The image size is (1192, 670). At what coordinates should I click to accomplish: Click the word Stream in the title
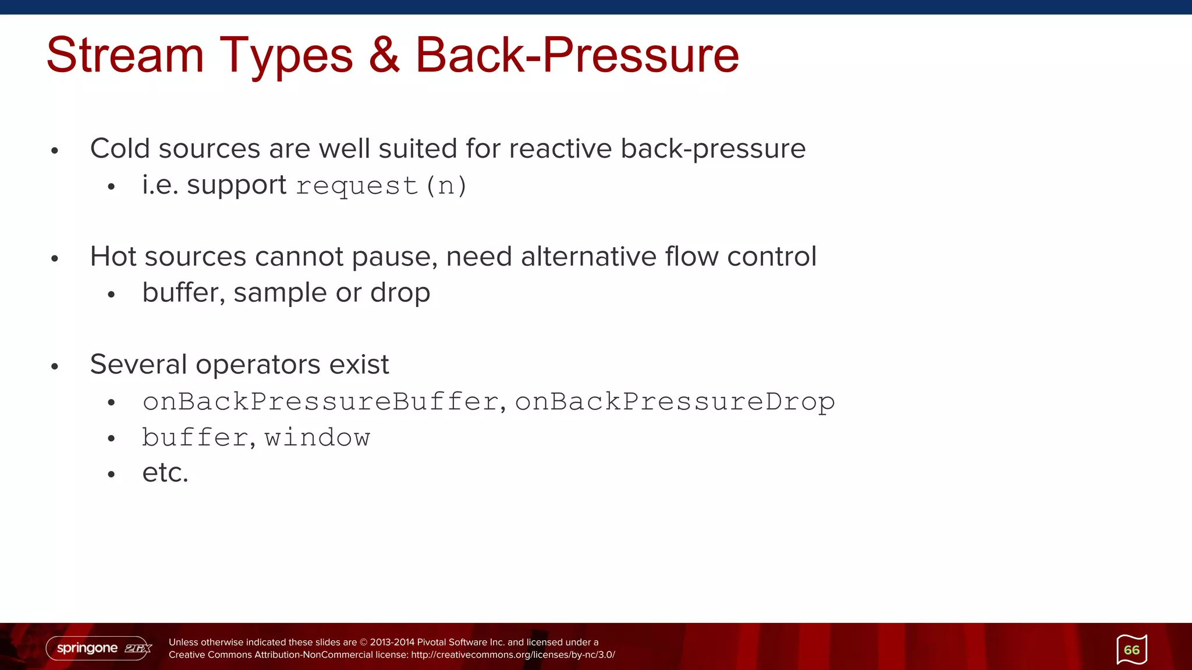(x=125, y=55)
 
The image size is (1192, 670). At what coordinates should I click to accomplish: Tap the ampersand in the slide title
(x=384, y=55)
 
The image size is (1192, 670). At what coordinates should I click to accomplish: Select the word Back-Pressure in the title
(x=576, y=55)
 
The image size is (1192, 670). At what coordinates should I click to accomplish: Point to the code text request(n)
(x=381, y=186)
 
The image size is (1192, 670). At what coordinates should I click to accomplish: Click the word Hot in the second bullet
(x=113, y=256)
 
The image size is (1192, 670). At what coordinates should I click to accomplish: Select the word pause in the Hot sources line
(x=395, y=256)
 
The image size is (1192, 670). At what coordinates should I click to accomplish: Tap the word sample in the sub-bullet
(x=280, y=293)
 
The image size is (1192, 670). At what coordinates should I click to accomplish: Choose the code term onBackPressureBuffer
(x=320, y=402)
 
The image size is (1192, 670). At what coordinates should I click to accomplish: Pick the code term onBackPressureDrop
(x=675, y=402)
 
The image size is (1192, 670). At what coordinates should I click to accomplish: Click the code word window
(x=317, y=438)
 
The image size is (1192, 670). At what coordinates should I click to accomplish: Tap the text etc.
(x=165, y=473)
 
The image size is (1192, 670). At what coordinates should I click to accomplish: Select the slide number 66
(x=1131, y=650)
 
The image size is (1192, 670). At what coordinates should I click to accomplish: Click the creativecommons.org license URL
(x=513, y=655)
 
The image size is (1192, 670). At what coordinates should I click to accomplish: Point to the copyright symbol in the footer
(x=364, y=642)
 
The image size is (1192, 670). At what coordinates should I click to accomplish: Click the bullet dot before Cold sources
(x=55, y=151)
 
